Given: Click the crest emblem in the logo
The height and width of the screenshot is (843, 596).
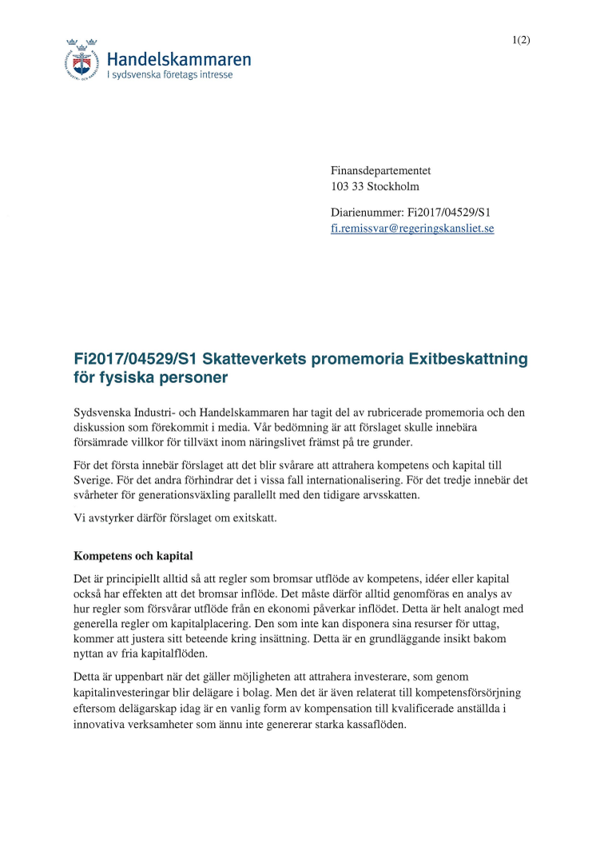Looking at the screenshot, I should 83,60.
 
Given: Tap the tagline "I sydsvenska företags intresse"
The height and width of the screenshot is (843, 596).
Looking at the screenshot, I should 170,75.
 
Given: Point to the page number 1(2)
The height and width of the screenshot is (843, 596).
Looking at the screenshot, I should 521,40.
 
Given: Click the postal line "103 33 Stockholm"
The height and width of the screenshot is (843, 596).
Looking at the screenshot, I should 375,186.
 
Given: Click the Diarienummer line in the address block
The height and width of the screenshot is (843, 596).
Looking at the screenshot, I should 410,212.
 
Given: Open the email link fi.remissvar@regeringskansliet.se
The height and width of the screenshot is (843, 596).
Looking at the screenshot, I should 412,228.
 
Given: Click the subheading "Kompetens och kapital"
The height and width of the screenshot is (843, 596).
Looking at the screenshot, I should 133,555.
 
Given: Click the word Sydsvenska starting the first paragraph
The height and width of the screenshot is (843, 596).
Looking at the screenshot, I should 106,412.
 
